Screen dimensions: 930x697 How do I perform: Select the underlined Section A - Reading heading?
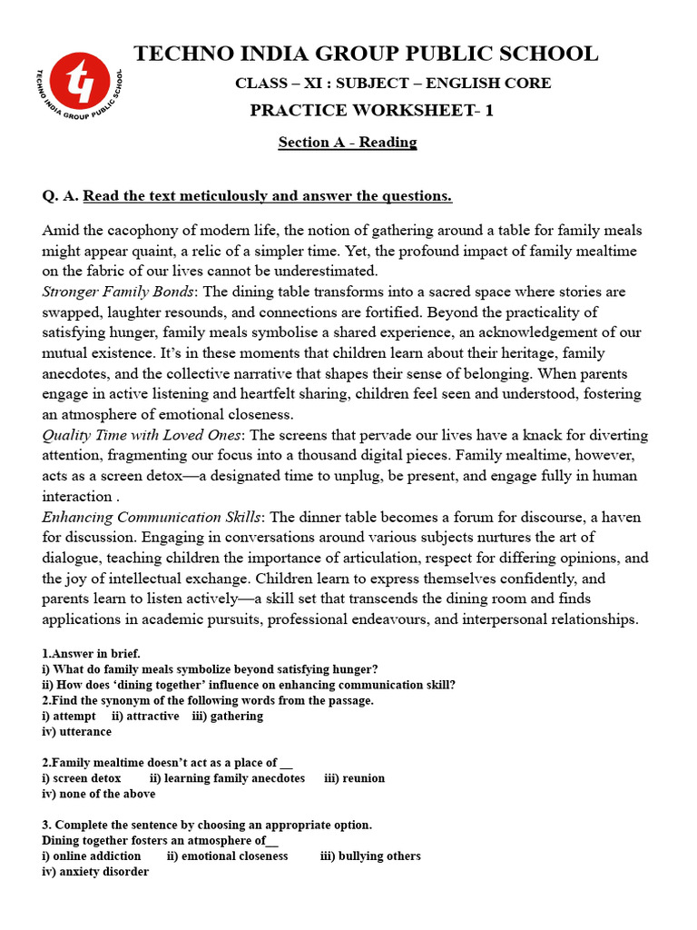(348, 143)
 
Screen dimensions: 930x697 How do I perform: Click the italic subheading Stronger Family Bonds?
(118, 292)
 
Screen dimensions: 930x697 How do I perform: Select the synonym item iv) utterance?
(77, 731)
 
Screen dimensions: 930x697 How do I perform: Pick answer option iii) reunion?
(354, 778)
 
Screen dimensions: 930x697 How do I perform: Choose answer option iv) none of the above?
(99, 794)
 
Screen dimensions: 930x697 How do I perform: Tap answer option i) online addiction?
(92, 856)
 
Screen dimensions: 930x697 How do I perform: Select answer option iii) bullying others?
(370, 856)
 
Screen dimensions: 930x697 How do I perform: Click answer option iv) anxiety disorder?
(95, 871)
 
